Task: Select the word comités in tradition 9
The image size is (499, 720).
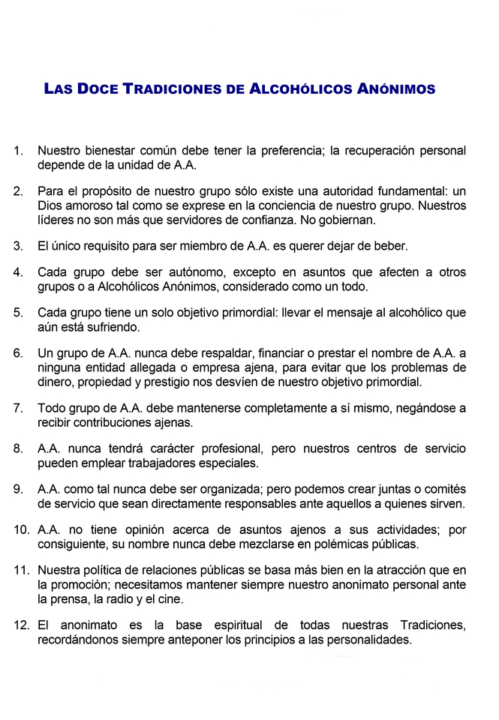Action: (x=443, y=489)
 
